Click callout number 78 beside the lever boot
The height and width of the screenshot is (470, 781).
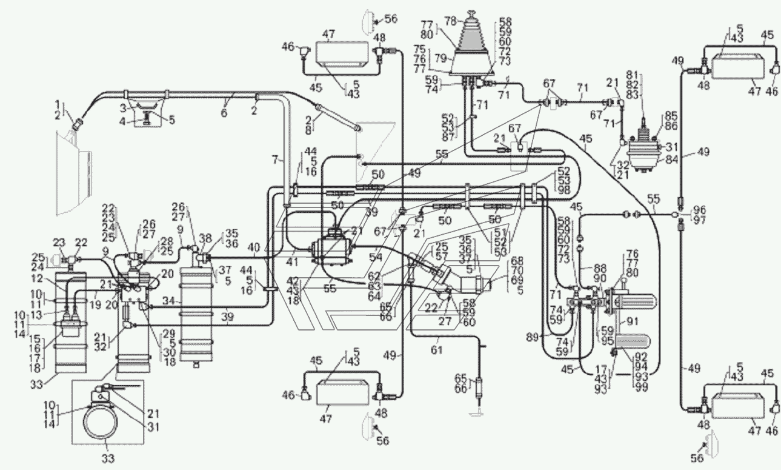tap(450, 21)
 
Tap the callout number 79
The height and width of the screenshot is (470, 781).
tap(440, 58)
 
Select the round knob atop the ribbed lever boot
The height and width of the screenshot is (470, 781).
tap(471, 13)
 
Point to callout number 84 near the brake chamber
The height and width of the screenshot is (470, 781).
tap(671, 159)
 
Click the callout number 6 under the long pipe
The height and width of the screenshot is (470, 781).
tap(224, 113)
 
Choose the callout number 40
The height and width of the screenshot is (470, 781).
tap(254, 248)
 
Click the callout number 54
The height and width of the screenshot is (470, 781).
tap(376, 257)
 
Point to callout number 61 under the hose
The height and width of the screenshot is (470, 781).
tap(436, 349)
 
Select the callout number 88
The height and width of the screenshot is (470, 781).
tap(600, 268)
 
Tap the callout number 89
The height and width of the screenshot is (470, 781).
tap(533, 337)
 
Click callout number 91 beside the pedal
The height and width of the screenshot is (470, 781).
tap(632, 321)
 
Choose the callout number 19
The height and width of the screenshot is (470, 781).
tap(95, 305)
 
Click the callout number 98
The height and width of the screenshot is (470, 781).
tap(563, 190)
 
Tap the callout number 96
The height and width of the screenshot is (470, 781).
tap(699, 210)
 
